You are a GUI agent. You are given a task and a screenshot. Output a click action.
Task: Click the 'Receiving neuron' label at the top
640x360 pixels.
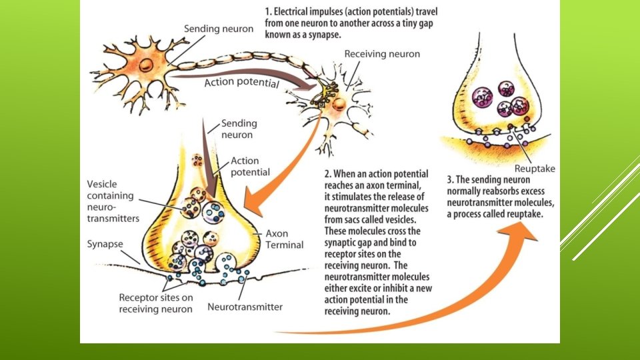(382, 53)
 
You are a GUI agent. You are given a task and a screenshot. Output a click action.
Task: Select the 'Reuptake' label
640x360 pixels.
(533, 169)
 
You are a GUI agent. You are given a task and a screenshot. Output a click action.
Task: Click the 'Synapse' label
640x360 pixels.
(105, 244)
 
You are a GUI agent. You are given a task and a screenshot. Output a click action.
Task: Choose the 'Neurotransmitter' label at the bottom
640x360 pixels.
(245, 307)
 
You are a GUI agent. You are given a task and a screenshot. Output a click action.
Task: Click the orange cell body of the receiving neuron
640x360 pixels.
(338, 105)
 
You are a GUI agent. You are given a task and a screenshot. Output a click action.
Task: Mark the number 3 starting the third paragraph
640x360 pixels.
(451, 179)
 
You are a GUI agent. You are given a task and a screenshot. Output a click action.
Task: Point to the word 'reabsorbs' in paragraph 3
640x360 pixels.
(490, 191)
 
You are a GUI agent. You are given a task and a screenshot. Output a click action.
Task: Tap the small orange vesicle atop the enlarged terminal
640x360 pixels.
(197, 160)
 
